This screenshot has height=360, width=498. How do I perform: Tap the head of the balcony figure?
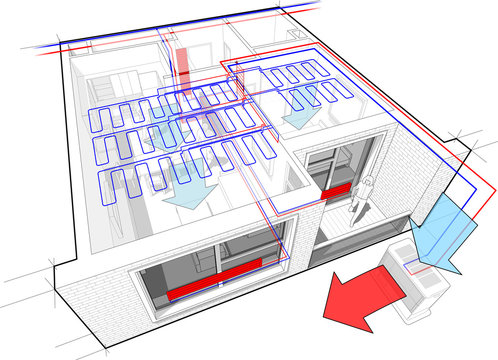(367, 180)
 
